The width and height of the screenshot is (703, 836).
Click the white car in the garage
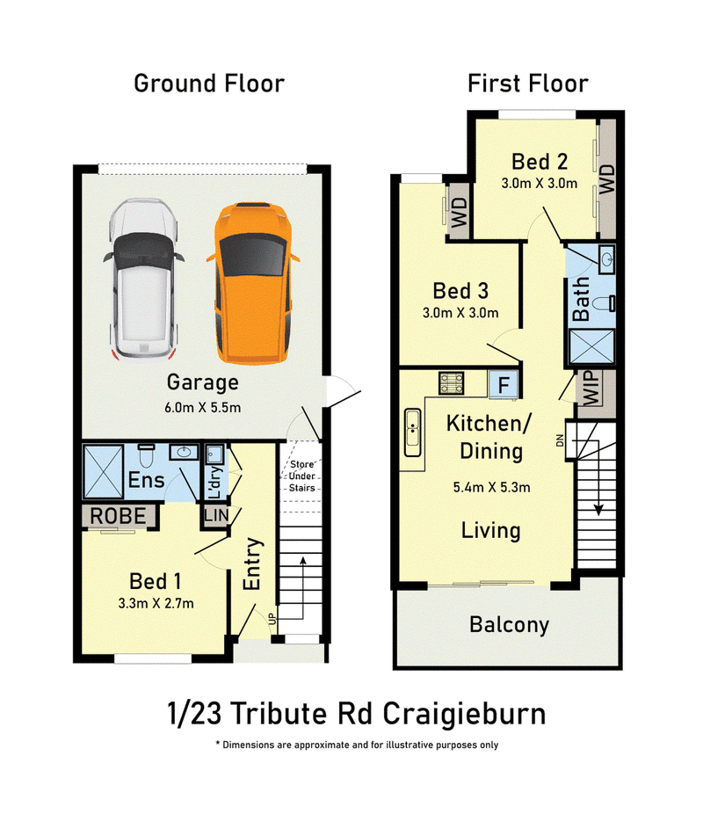[143, 280]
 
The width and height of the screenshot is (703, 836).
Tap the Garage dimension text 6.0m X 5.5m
[202, 408]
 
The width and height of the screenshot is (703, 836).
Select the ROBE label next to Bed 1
[118, 516]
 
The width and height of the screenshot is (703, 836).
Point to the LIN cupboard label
[216, 515]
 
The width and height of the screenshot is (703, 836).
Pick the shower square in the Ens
[104, 472]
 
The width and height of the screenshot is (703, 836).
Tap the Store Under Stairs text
[301, 476]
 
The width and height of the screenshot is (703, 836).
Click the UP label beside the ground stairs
[272, 619]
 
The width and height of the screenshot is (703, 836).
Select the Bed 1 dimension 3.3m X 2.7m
[156, 604]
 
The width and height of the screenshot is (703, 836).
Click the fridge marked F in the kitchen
[504, 384]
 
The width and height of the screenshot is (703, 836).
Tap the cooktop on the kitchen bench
[452, 383]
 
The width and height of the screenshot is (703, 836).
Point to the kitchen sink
[412, 432]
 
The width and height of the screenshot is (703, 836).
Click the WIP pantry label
[591, 388]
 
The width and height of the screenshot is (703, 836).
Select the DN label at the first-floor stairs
[560, 440]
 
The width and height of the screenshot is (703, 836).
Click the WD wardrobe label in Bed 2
[607, 179]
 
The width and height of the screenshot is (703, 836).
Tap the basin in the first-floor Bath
[607, 259]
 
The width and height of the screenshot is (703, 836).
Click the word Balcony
[509, 625]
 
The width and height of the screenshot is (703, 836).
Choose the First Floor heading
[527, 84]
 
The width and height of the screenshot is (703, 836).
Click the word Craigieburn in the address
[465, 715]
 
